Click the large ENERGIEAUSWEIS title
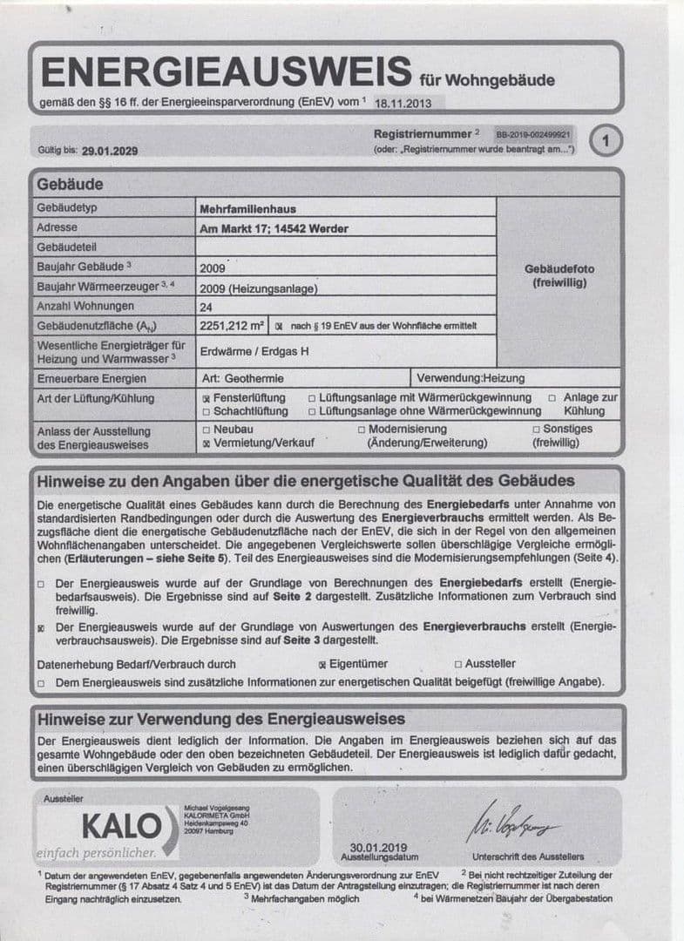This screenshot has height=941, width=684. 225,71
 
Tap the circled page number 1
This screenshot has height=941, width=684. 606,139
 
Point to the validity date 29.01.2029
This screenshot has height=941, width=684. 109,150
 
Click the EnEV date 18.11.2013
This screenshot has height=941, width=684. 403,102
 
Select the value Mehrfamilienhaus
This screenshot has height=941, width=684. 249,208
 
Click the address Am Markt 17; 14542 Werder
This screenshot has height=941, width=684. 274,228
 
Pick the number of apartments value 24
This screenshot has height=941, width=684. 207,307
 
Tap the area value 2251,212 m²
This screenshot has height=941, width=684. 232,326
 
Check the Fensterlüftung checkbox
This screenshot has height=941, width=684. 206,398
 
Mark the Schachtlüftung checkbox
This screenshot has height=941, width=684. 206,411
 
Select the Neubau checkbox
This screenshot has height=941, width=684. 206,430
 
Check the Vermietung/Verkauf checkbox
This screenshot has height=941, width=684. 206,443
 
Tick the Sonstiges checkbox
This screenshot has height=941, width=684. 536,430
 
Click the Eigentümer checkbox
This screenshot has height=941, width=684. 322,664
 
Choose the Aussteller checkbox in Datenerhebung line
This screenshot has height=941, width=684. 457,664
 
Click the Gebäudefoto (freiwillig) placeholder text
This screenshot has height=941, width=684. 559,276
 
